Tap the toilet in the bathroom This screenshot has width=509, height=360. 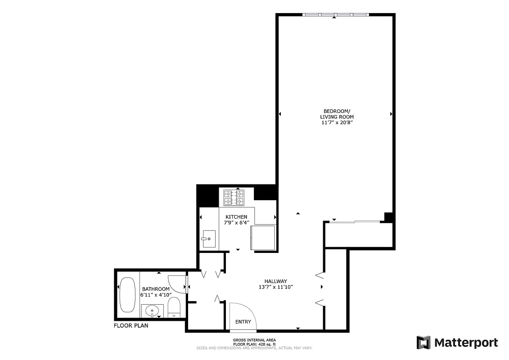click(x=174, y=308)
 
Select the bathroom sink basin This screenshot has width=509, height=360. click(x=153, y=310)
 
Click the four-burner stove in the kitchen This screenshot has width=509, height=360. click(x=234, y=198)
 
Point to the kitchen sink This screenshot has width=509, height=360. click(x=209, y=238)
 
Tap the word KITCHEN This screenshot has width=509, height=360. click(x=236, y=217)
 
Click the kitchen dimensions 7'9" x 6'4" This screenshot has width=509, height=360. click(x=236, y=223)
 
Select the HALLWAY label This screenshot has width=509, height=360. click(x=276, y=281)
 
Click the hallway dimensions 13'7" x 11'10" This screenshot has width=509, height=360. click(x=276, y=287)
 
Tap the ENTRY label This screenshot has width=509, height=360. click(x=243, y=322)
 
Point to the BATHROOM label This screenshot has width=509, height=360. click(x=156, y=289)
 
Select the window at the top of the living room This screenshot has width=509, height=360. click(x=336, y=14)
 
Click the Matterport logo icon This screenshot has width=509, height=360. click(x=423, y=342)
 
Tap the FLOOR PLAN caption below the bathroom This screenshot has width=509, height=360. click(x=131, y=325)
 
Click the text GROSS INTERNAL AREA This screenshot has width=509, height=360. click(x=254, y=340)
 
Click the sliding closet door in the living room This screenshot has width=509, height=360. click(x=356, y=221)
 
